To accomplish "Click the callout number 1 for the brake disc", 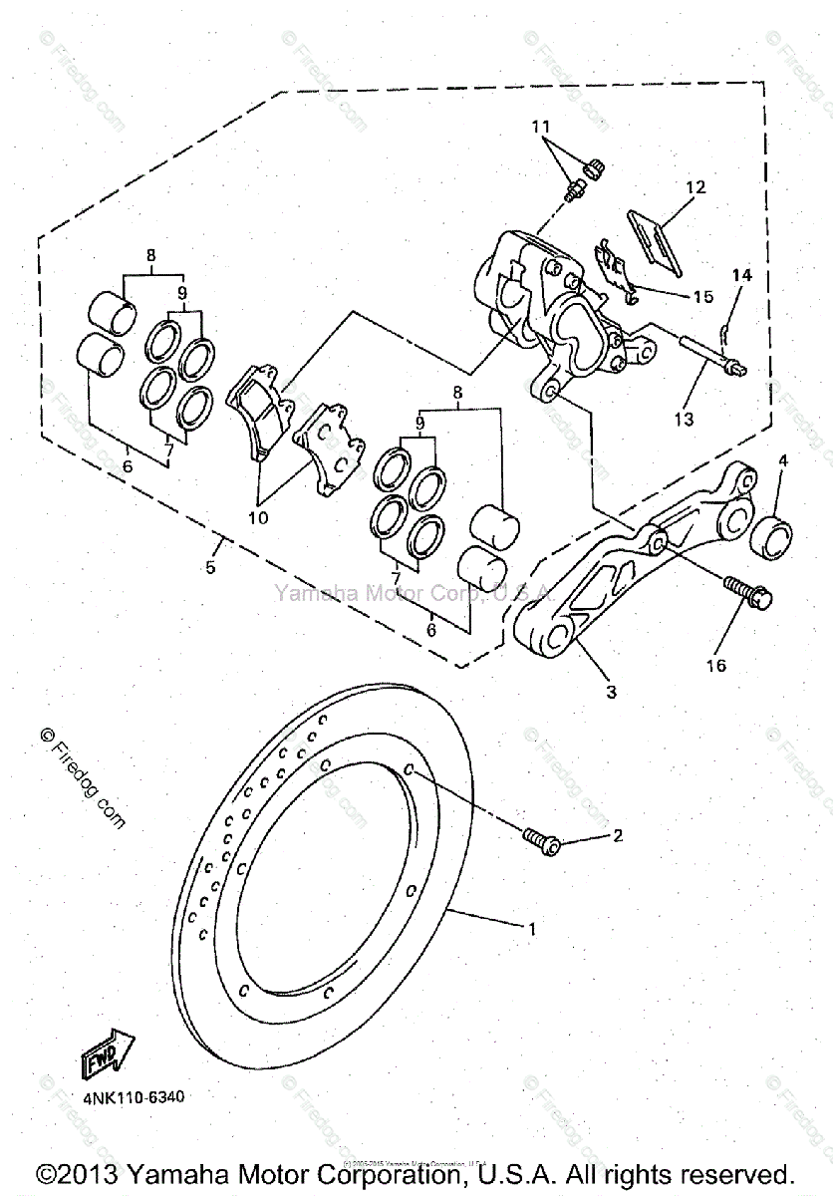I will pyautogui.click(x=533, y=929).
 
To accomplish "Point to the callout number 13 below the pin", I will pyautogui.click(x=683, y=420).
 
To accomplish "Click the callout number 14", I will pyautogui.click(x=744, y=274).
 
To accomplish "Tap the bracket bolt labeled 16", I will pyautogui.click(x=746, y=593).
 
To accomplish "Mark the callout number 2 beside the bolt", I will pyautogui.click(x=617, y=835).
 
